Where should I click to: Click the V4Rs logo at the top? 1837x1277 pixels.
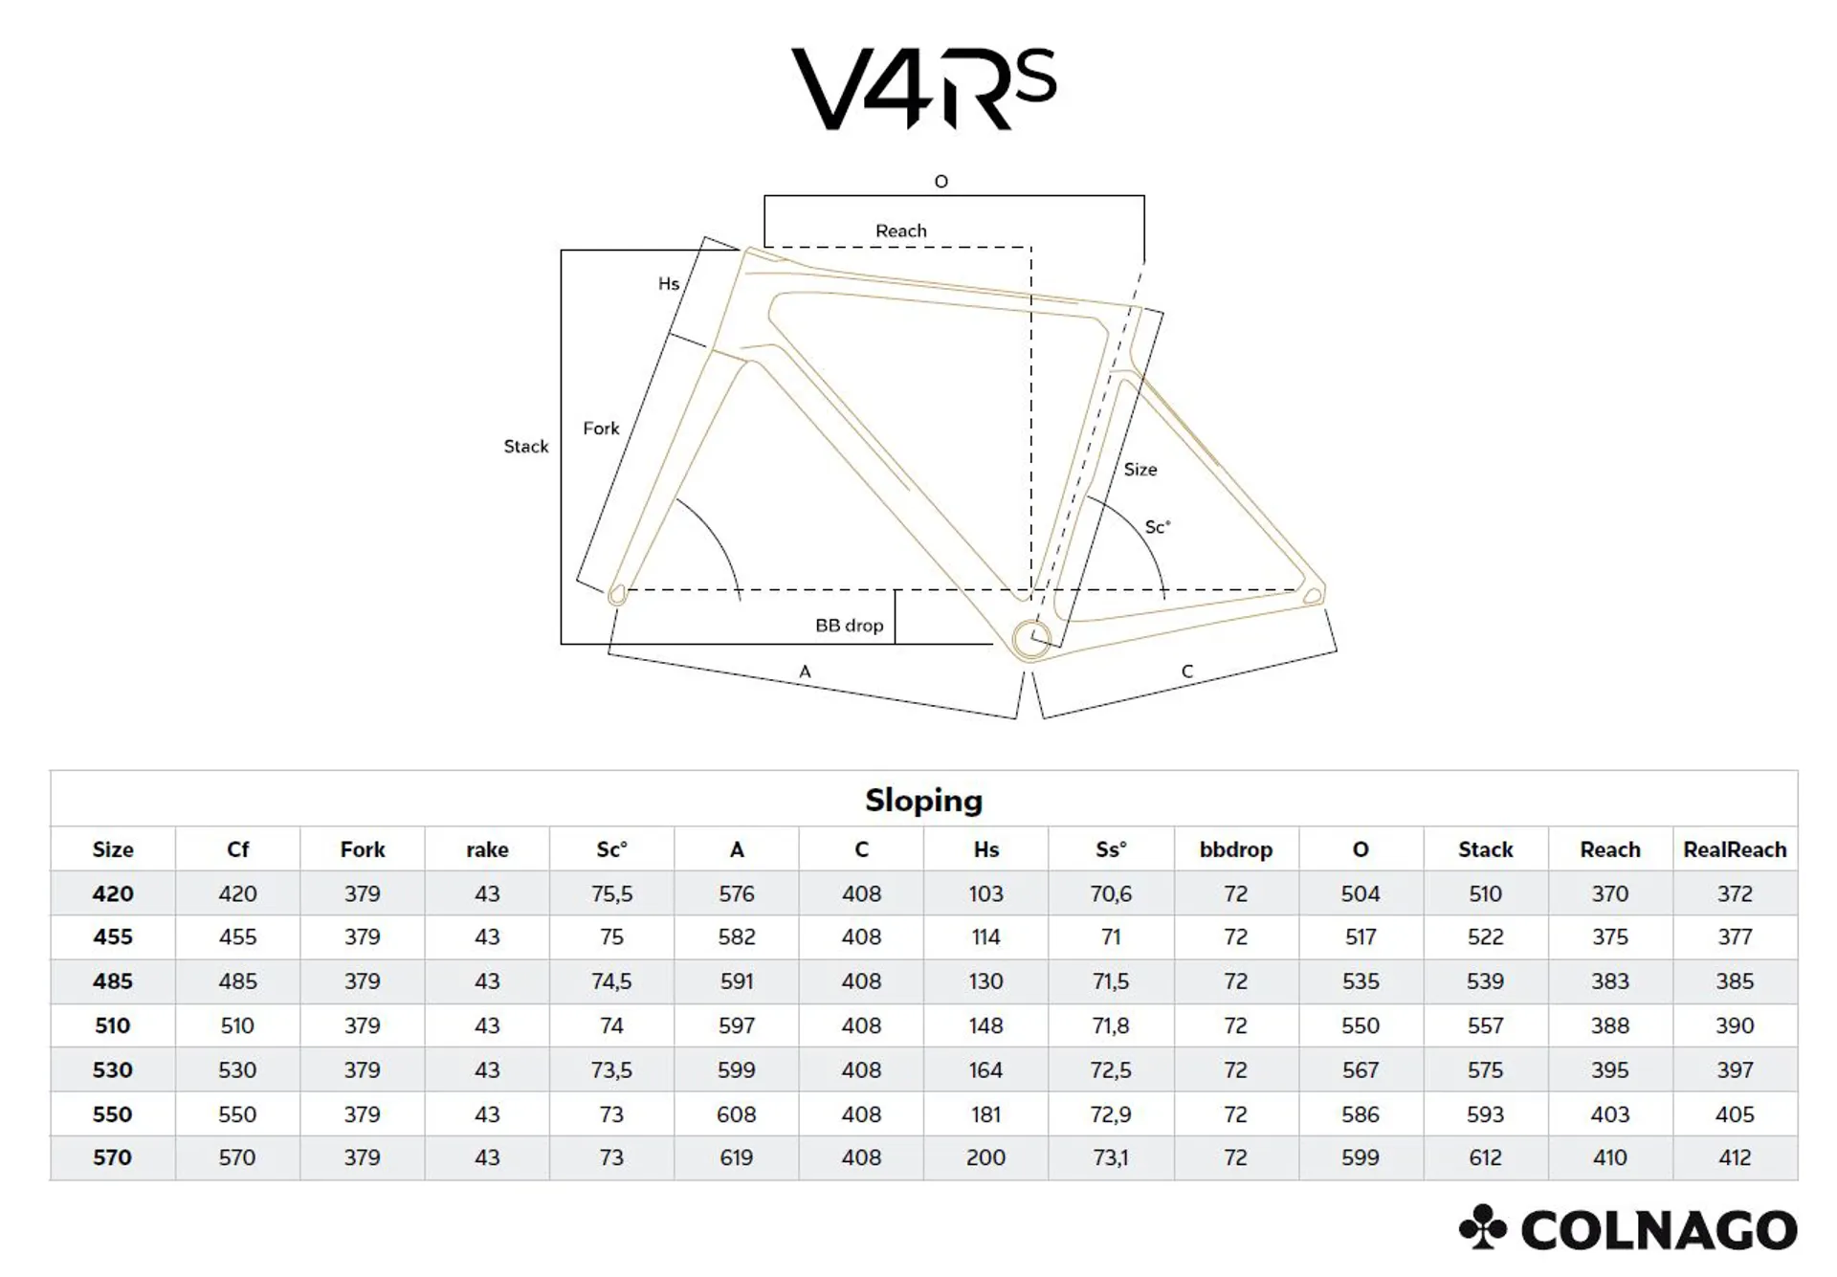923,88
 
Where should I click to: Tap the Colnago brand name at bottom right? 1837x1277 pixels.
1658,1230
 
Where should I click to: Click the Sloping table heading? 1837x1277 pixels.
923,800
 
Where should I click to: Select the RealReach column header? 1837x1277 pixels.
1735,849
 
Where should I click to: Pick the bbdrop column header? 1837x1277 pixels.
1235,849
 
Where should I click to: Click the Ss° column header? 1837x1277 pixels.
1111,849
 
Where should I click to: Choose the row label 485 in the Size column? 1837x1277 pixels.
113,981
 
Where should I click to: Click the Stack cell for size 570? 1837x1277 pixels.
1485,1157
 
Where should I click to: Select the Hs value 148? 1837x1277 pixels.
985,1025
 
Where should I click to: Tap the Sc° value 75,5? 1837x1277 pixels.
611,894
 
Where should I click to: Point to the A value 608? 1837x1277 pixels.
737,1114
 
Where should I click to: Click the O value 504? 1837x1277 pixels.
1361,894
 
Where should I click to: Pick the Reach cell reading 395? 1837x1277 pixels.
1610,1069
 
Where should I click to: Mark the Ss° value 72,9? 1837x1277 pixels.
1111,1114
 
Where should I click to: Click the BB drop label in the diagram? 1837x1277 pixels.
849,626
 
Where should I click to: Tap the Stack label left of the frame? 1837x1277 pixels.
526,447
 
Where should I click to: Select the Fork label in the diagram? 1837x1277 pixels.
601,429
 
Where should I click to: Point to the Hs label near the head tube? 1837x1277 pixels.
669,283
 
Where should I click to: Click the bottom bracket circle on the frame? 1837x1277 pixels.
1031,639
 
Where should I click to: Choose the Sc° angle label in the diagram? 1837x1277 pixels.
1158,527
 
